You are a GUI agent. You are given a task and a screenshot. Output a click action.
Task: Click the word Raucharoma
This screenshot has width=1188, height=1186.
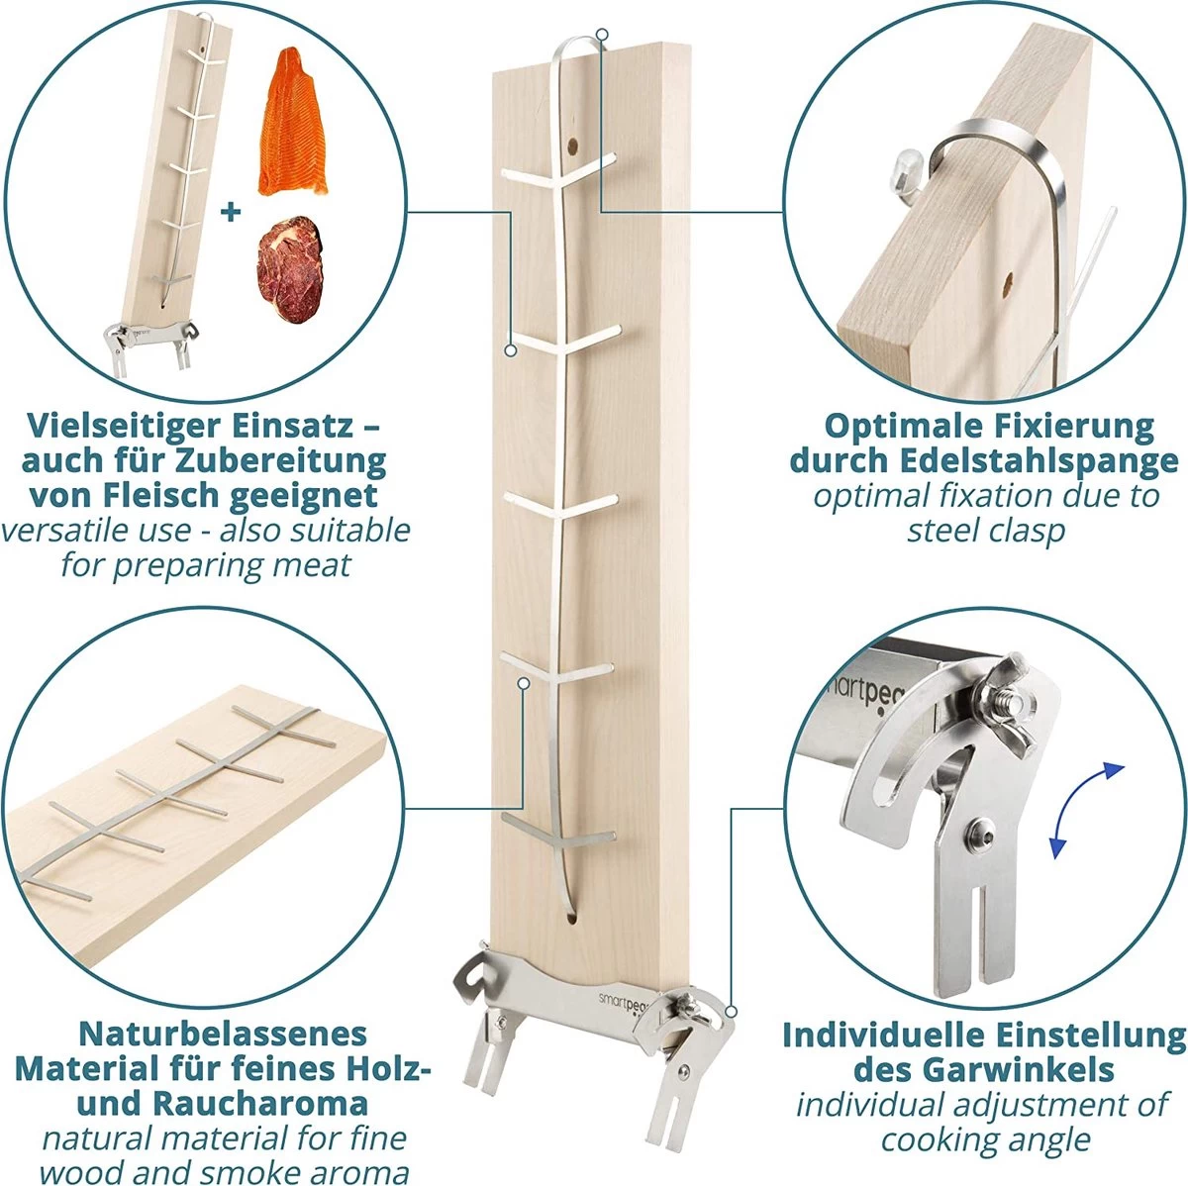tap(260, 1103)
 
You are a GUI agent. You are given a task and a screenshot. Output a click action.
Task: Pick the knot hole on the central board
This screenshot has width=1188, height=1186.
tap(573, 147)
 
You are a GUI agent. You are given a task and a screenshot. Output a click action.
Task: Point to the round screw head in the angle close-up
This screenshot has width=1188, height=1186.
tap(980, 827)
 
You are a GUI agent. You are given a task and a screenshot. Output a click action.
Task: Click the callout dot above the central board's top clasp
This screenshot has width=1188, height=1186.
tap(603, 34)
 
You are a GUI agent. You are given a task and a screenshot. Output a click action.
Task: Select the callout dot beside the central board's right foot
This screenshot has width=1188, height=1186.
tap(732, 1012)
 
